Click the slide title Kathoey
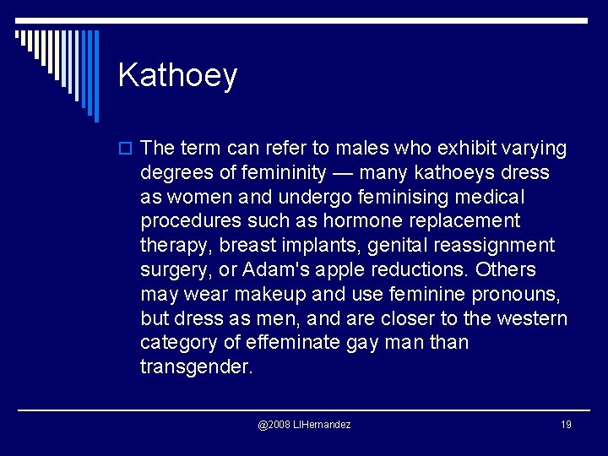pos(177,76)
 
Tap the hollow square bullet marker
pos(127,149)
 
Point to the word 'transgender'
pos(196,367)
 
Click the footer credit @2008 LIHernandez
pos(304,424)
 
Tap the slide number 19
pos(565,424)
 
